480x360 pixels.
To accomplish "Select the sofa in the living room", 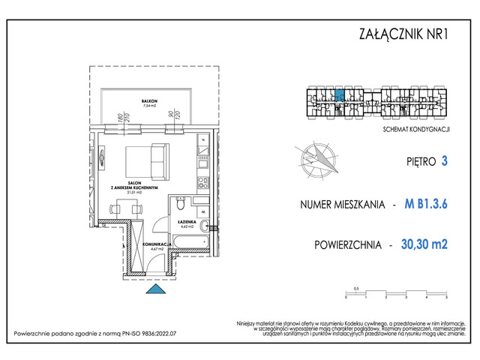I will (149, 157).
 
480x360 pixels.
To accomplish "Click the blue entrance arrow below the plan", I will (154, 289).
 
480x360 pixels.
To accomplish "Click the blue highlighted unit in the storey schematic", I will (339, 95).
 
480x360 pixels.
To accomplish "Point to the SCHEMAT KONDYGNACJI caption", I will (415, 130).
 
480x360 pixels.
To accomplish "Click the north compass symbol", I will (318, 158).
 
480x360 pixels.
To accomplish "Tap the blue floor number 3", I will (445, 160).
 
